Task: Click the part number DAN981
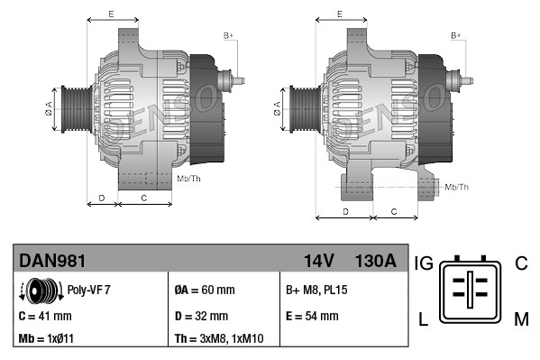tap(52, 261)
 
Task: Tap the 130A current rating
tap(376, 261)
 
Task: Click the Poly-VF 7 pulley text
tap(89, 291)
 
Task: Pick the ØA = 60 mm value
tap(205, 291)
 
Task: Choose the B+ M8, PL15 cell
tap(317, 291)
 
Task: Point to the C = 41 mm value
tap(45, 316)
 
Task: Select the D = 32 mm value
tap(201, 316)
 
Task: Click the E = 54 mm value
tap(312, 316)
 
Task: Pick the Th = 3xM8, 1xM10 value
tap(218, 339)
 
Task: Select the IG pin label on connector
tap(424, 263)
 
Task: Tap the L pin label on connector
tap(422, 317)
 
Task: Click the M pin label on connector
tap(520, 317)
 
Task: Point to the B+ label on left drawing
tap(228, 35)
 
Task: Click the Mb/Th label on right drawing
tap(457, 187)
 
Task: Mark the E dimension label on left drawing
tap(111, 14)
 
